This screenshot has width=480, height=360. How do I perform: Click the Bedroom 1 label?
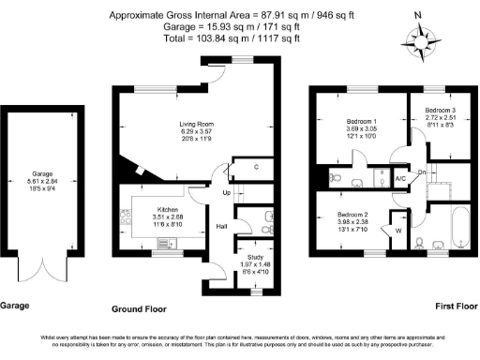361,124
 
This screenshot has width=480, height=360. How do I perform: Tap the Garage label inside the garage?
41,173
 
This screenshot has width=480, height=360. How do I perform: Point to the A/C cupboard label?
400,177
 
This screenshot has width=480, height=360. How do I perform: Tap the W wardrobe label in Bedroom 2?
397,230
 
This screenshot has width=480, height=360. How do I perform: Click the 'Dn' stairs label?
422,172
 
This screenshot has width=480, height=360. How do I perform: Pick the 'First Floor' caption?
457,307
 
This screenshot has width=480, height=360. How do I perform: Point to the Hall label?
223,226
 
